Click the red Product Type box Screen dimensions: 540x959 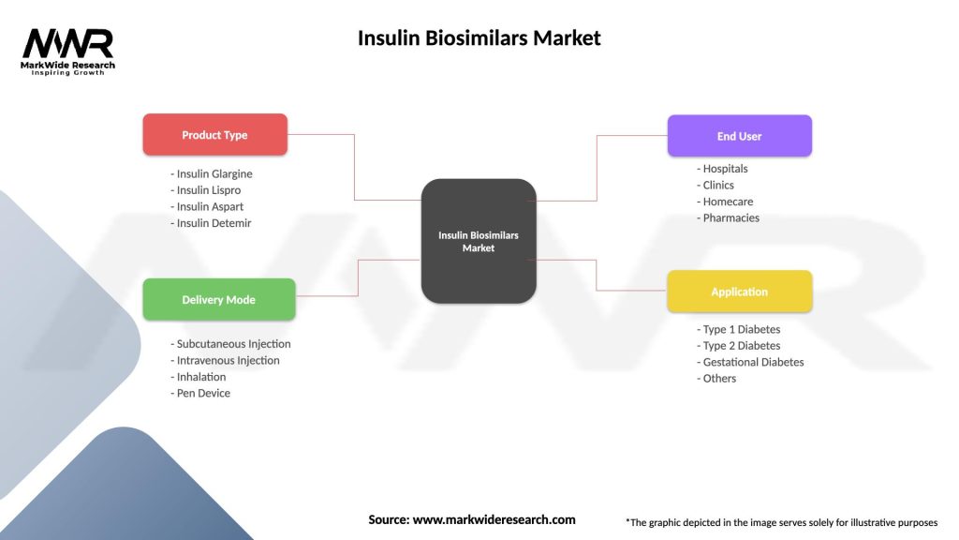pos(214,135)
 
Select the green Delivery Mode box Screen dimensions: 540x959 pos(218,300)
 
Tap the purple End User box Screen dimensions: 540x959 pos(739,136)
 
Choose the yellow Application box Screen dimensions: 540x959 pos(739,292)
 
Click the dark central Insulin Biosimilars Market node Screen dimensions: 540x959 pos(478,241)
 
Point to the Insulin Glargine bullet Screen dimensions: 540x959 pos(212,173)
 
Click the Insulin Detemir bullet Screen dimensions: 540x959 pos(211,223)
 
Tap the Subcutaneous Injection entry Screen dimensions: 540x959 pos(230,344)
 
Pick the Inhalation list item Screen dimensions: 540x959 pos(199,377)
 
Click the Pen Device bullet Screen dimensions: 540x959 pos(200,393)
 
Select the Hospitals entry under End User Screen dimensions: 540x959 pos(722,169)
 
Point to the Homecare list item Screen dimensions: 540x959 pos(725,202)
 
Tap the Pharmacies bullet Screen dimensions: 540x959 pos(728,217)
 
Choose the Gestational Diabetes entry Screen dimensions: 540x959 pos(750,362)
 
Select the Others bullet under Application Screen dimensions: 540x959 pos(716,379)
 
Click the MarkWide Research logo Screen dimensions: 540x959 pos(67,51)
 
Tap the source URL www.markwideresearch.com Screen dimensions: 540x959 pos(494,519)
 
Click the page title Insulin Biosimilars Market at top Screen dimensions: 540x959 pos(479,38)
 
